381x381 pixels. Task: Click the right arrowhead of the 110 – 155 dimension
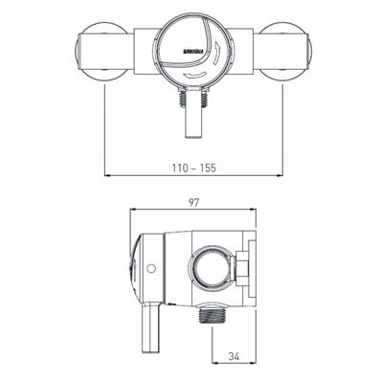(281, 177)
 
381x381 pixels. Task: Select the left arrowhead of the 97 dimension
(133, 210)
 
